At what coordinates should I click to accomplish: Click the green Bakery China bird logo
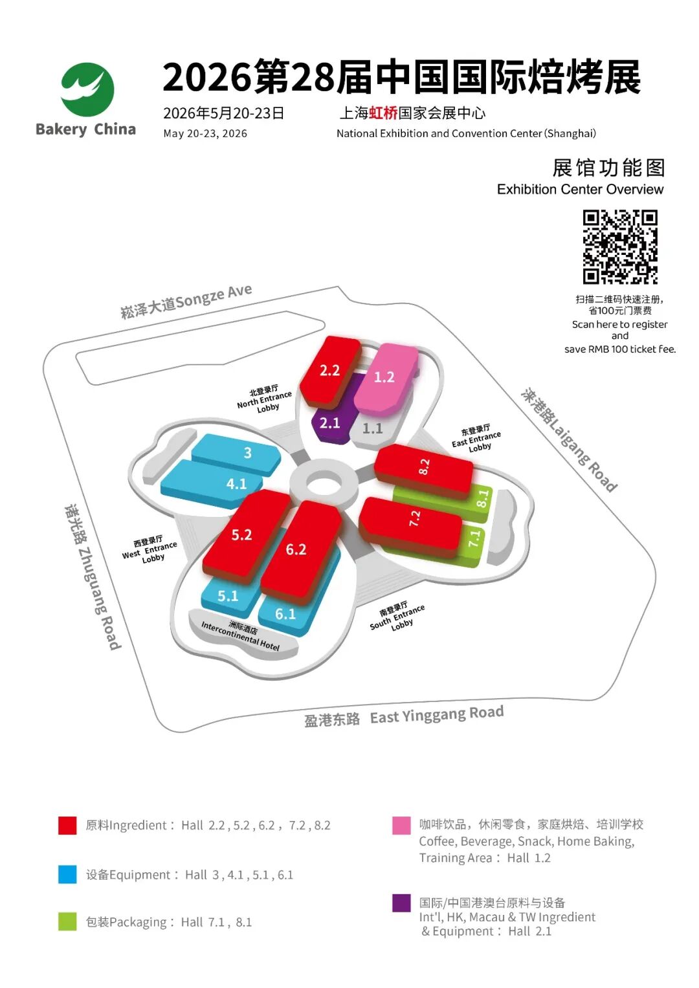[x=87, y=89]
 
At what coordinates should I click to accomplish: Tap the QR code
[x=620, y=247]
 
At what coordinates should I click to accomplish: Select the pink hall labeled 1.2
[x=386, y=379]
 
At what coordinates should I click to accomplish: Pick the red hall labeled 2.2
[x=330, y=371]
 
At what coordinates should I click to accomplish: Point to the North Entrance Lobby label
[x=264, y=399]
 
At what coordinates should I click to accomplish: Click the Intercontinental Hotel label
[x=241, y=635]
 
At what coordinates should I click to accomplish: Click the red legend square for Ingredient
[x=67, y=825]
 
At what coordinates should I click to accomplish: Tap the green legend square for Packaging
[x=67, y=921]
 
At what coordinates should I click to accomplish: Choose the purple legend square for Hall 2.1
[x=401, y=903]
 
